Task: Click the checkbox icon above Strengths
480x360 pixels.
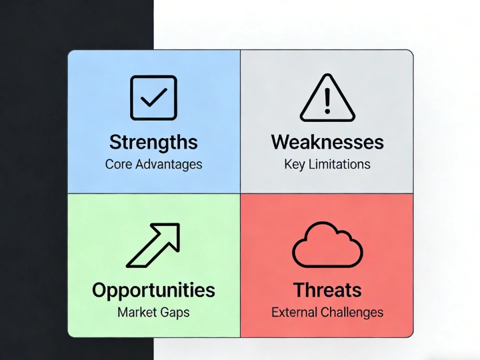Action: coord(153,98)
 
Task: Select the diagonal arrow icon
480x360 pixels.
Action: coord(153,245)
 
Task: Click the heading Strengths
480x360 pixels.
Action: coord(153,142)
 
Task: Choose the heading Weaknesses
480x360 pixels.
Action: coord(327,142)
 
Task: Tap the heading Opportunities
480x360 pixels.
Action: coord(153,290)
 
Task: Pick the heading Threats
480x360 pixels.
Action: coord(327,290)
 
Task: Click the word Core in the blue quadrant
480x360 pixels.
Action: coord(119,164)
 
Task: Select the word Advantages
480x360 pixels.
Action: coord(168,164)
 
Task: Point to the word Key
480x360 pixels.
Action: coord(294,164)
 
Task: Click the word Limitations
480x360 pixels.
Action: coord(339,164)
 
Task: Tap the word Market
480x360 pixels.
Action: coord(137,312)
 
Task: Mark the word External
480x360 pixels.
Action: coord(294,312)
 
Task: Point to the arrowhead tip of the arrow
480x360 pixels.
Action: coord(177,225)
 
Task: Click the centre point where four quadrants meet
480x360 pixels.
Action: coord(240,193)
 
